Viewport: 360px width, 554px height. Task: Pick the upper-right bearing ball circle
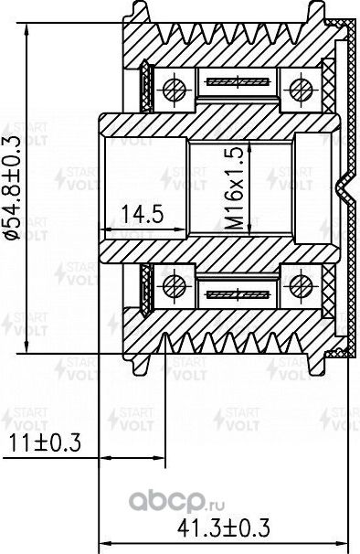click(298, 89)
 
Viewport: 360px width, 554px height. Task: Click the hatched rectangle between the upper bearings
click(235, 81)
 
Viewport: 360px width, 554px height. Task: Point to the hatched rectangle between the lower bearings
click(235, 294)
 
